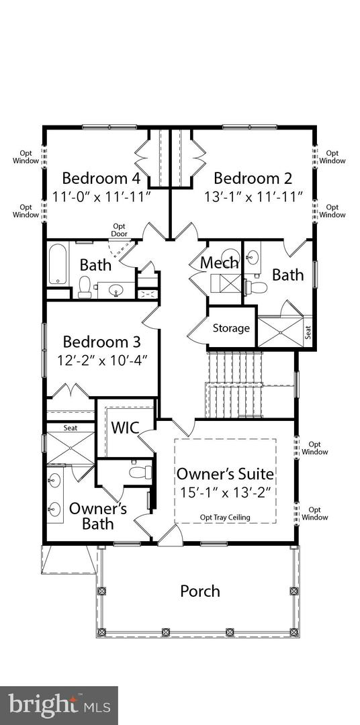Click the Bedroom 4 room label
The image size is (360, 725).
[x=101, y=178]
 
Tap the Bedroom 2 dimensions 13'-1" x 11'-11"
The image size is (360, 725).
[x=254, y=197]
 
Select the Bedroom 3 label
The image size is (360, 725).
[x=101, y=342]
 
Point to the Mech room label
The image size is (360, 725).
[x=220, y=262]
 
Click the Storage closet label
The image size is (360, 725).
[x=231, y=328]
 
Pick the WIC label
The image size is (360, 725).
[x=126, y=428]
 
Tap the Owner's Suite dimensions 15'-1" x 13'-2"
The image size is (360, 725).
[x=226, y=493]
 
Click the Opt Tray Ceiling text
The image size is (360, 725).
[x=225, y=518]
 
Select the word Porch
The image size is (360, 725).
[x=200, y=591]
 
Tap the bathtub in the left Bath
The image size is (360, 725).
[x=58, y=264]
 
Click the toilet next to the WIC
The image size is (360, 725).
[x=140, y=472]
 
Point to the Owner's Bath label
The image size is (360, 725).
[x=98, y=516]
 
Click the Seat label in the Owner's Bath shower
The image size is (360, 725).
[x=71, y=428]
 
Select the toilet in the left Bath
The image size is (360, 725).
[x=85, y=287]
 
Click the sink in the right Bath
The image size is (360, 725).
[x=253, y=255]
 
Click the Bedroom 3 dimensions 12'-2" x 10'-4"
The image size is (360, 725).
[x=101, y=360]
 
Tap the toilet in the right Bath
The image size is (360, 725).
[x=255, y=287]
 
